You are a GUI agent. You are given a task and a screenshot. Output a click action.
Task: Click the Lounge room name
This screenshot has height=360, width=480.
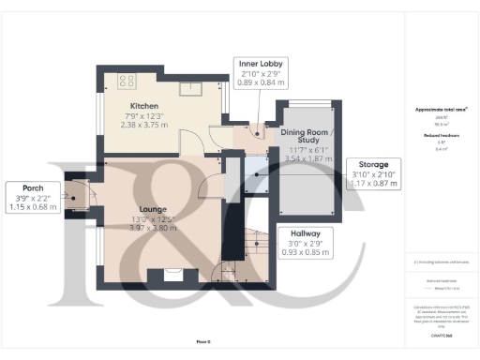(153, 208)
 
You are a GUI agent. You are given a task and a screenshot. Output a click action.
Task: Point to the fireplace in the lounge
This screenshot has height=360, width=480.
(172, 274)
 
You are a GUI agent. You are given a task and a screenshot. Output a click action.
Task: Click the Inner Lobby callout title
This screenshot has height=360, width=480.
(256, 63)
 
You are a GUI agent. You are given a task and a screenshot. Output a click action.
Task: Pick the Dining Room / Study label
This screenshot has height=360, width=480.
(307, 138)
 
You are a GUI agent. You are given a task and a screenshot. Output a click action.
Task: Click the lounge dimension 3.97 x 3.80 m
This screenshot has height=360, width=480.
(153, 228)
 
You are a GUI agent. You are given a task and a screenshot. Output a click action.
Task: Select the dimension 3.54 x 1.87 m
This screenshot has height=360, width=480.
(307, 160)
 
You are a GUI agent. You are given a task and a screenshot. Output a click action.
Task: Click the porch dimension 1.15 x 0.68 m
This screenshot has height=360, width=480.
(32, 205)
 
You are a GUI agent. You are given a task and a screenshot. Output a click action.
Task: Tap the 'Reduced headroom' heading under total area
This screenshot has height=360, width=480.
(441, 135)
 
